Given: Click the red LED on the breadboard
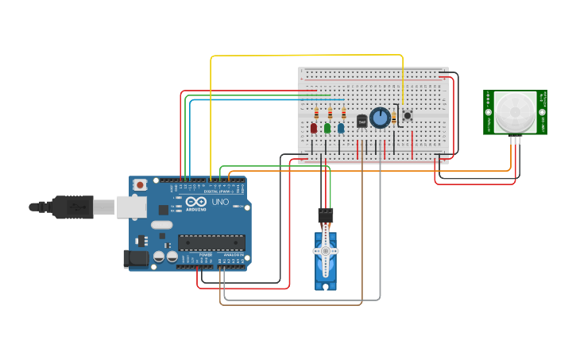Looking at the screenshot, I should [x=314, y=128].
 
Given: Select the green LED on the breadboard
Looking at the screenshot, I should [x=327, y=128].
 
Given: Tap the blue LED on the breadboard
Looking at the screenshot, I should [x=341, y=128].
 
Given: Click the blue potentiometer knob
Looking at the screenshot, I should [x=380, y=118].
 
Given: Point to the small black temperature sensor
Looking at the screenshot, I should [x=362, y=122].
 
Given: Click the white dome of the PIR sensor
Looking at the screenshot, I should [x=514, y=111].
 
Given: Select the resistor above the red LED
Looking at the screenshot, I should [x=316, y=113].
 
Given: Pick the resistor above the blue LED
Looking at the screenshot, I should [x=343, y=113].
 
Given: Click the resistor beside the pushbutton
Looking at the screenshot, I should [x=394, y=118].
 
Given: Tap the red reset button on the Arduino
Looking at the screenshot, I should [x=140, y=185].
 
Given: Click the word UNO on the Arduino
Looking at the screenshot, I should [x=220, y=202].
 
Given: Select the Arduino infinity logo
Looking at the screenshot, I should [x=196, y=202].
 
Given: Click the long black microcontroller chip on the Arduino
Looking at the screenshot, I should [x=211, y=242].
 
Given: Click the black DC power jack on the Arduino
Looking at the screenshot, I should [x=136, y=258].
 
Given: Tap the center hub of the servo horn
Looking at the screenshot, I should [x=325, y=251].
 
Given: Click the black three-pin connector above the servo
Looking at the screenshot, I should [x=326, y=215].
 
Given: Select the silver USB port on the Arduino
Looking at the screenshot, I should [x=131, y=207].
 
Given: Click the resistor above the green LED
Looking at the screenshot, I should [x=330, y=113].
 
